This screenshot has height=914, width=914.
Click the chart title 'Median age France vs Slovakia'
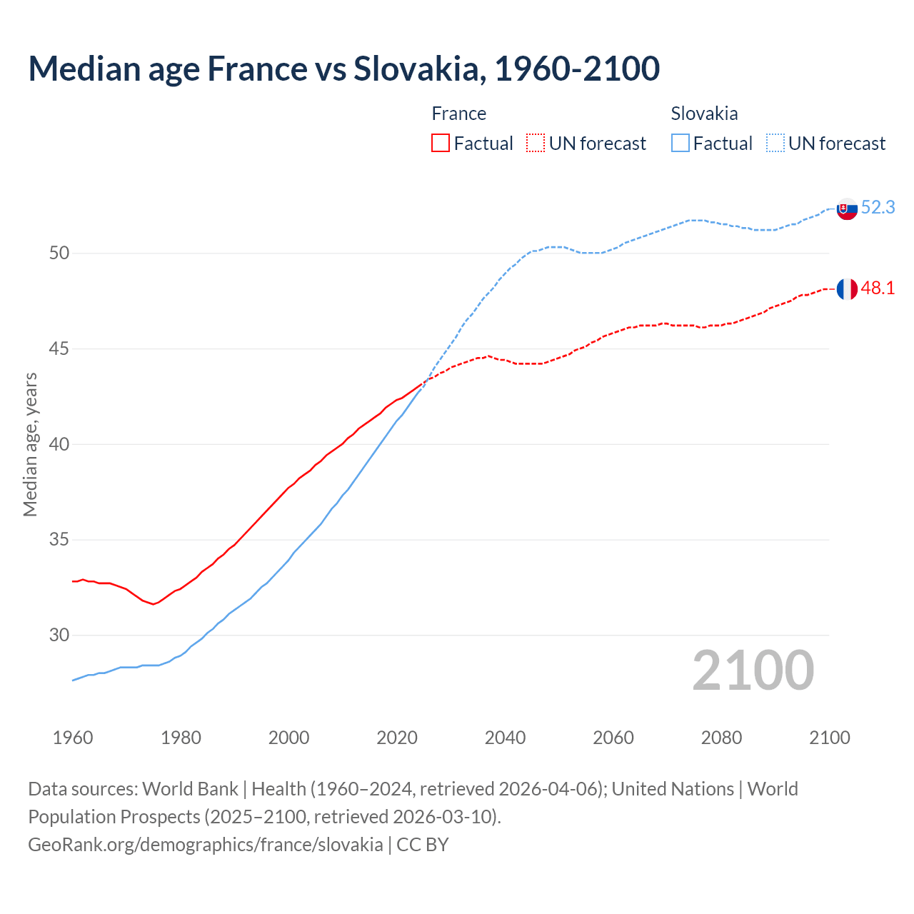(x=343, y=69)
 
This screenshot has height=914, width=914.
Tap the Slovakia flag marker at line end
(x=846, y=209)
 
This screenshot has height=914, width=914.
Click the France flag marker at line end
(x=846, y=289)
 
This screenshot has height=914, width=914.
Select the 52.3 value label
(x=878, y=207)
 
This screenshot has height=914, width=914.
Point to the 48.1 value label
(x=878, y=288)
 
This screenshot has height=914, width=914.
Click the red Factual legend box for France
(x=441, y=144)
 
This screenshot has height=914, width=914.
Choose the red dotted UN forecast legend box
(x=536, y=144)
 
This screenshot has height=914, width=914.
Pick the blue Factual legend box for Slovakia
(x=681, y=144)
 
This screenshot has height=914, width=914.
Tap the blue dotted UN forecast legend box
(x=775, y=144)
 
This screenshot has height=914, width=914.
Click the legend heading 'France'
(x=458, y=114)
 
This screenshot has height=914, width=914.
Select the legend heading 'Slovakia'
(x=704, y=114)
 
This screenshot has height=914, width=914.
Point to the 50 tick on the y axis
(x=59, y=253)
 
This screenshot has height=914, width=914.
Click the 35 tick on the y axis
(x=59, y=540)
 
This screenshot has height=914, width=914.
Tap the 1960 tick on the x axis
(x=73, y=738)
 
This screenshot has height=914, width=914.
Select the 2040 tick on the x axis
(x=505, y=738)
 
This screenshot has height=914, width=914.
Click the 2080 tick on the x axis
(x=721, y=738)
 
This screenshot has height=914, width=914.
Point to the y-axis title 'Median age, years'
(x=30, y=444)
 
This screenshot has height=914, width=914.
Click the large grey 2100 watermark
(x=753, y=671)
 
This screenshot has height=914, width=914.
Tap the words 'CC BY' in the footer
(x=422, y=845)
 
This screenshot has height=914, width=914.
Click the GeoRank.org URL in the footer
(x=205, y=845)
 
